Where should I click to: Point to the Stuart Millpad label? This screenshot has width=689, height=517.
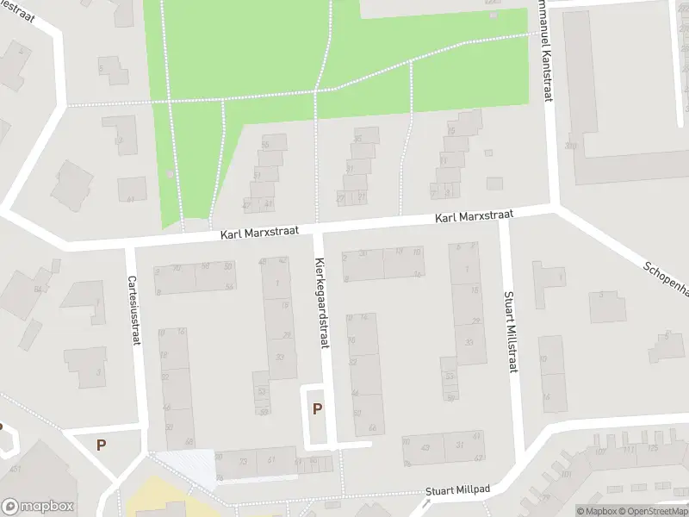[457, 489]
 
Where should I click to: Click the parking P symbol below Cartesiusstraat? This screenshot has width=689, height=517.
[102, 445]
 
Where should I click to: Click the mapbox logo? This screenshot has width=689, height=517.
[38, 507]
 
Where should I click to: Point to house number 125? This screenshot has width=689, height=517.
[653, 447]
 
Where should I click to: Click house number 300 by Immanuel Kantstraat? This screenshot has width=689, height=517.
[569, 146]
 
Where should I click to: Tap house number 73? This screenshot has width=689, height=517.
[242, 462]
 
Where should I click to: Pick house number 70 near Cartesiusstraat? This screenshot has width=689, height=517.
[176, 269]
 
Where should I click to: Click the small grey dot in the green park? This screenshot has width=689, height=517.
[171, 175]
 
